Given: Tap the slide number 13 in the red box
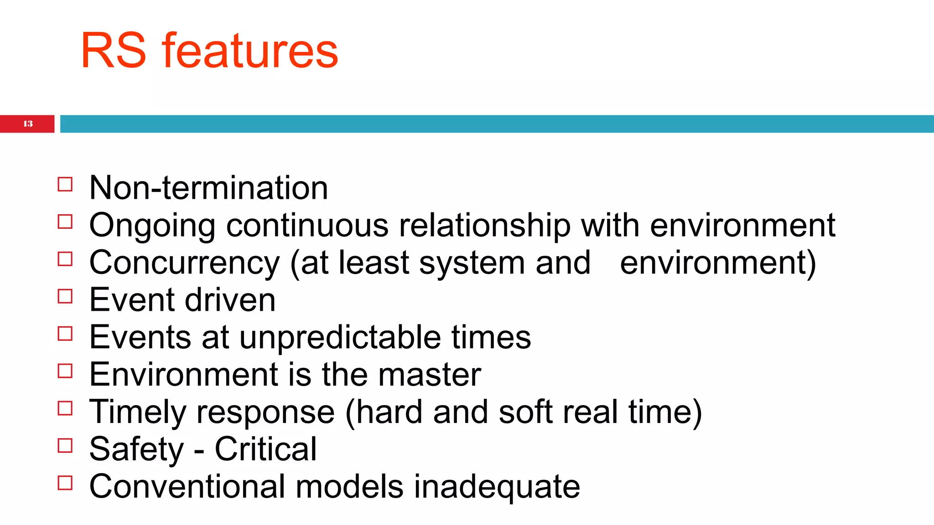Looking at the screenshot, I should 28,124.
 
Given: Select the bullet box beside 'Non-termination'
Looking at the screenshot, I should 65,185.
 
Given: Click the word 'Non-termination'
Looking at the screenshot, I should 208,188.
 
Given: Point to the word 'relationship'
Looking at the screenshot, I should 484,226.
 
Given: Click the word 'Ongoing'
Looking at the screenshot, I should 152,226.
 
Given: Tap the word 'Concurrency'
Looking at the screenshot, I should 184,263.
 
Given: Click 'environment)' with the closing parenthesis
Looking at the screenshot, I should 718,263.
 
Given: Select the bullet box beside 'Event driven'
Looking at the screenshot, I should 65,297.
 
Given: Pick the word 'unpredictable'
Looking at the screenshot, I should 340,337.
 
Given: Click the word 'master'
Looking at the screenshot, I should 429,375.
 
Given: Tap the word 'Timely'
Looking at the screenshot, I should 137,412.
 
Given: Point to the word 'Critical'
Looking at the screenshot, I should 265,449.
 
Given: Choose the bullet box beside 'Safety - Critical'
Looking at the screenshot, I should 65,446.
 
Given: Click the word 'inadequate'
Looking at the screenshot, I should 497,487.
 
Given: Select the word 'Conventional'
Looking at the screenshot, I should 187,487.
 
